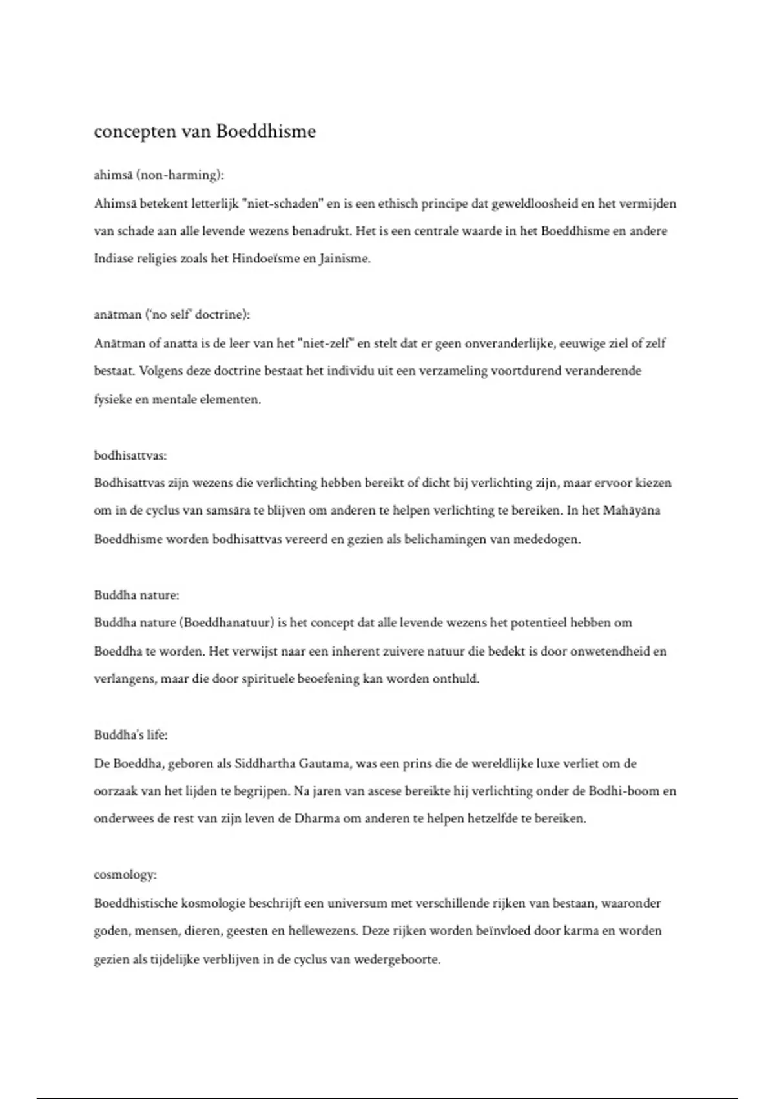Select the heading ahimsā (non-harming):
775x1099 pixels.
[x=159, y=175]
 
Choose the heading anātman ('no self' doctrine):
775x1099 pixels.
[x=172, y=315]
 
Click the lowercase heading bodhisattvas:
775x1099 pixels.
[x=130, y=455]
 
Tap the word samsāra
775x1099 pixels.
[x=228, y=511]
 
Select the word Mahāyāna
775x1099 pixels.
[x=640, y=511]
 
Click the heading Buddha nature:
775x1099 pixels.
[x=136, y=595]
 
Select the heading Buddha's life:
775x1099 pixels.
[x=130, y=735]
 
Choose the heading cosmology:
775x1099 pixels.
[x=125, y=875]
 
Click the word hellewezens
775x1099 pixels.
[x=324, y=932]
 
